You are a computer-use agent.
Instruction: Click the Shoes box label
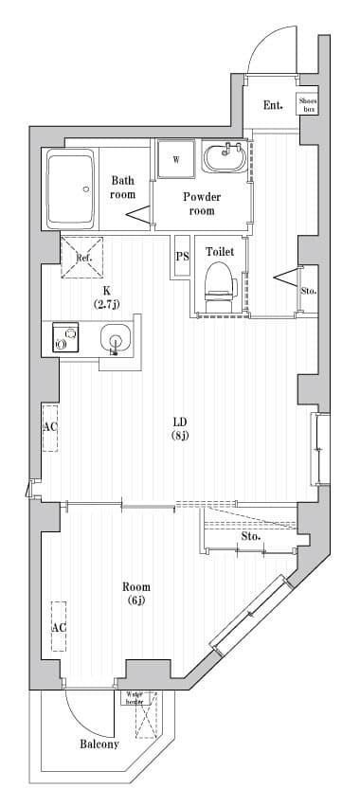click(x=307, y=104)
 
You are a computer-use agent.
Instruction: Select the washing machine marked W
click(x=175, y=158)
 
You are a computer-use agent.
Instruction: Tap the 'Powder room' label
click(x=202, y=204)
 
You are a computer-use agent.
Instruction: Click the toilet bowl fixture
click(x=219, y=282)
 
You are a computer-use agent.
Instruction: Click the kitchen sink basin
click(x=115, y=338)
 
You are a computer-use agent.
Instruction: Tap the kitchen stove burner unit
click(x=65, y=339)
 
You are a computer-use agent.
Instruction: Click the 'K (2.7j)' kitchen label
click(x=106, y=297)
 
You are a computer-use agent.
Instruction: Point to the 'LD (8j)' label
click(x=180, y=428)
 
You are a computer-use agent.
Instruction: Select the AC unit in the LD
click(x=49, y=426)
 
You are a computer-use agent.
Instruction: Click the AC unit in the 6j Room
click(x=59, y=626)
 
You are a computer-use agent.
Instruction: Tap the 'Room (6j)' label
click(x=137, y=594)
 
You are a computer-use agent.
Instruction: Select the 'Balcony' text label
click(x=99, y=744)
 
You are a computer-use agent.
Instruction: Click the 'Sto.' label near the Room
click(x=250, y=536)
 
